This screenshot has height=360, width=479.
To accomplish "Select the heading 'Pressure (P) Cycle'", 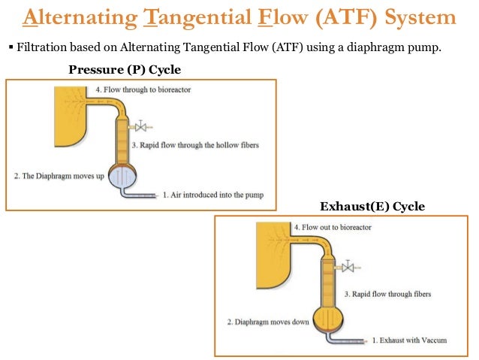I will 125,70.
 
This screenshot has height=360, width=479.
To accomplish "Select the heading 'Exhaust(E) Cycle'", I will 372,206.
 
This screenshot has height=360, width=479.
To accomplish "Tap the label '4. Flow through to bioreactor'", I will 146,91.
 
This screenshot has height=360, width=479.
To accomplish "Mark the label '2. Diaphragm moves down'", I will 268,322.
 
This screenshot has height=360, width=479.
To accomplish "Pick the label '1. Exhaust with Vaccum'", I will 409,340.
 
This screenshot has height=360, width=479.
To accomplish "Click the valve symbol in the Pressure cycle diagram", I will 139,127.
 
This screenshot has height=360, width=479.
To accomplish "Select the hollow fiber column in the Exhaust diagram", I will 329,279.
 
